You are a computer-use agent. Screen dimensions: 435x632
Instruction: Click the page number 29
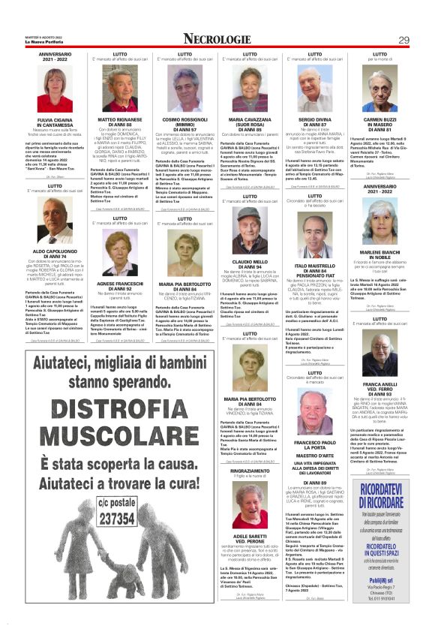pyautogui.click(x=404, y=40)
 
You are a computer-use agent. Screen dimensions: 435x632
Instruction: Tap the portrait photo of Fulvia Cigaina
pyautogui.click(x=55, y=89)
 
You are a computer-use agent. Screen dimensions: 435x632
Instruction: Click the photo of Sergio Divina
pyautogui.click(x=315, y=88)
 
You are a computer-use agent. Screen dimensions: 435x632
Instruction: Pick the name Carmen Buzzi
pyautogui.click(x=379, y=119)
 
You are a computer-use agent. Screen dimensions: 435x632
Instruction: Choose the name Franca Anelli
pyautogui.click(x=379, y=384)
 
